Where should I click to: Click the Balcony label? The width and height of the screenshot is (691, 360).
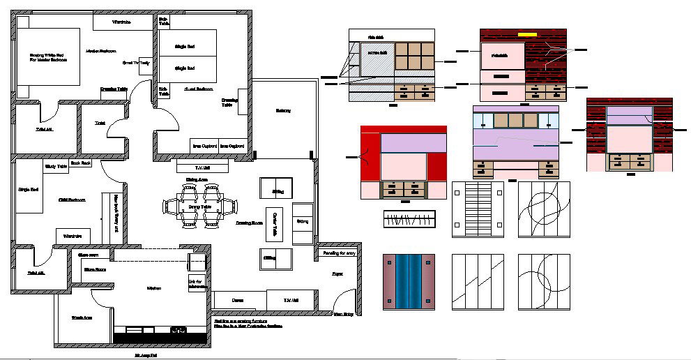click(282, 111)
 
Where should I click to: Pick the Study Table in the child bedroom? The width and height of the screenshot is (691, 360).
click(56, 166)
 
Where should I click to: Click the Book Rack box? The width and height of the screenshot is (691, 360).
click(82, 163)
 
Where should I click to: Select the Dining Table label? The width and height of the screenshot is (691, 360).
click(200, 207)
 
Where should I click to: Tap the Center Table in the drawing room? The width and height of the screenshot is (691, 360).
click(275, 222)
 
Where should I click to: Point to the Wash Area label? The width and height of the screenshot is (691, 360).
click(82, 318)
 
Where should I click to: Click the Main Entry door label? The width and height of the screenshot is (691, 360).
click(342, 314)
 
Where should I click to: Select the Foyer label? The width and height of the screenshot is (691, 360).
click(337, 274)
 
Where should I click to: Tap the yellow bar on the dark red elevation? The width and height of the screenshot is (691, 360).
click(526, 33)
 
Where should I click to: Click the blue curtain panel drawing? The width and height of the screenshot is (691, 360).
click(409, 281)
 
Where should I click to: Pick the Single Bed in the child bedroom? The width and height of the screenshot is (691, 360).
click(28, 190)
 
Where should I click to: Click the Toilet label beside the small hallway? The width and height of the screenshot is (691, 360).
click(100, 123)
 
